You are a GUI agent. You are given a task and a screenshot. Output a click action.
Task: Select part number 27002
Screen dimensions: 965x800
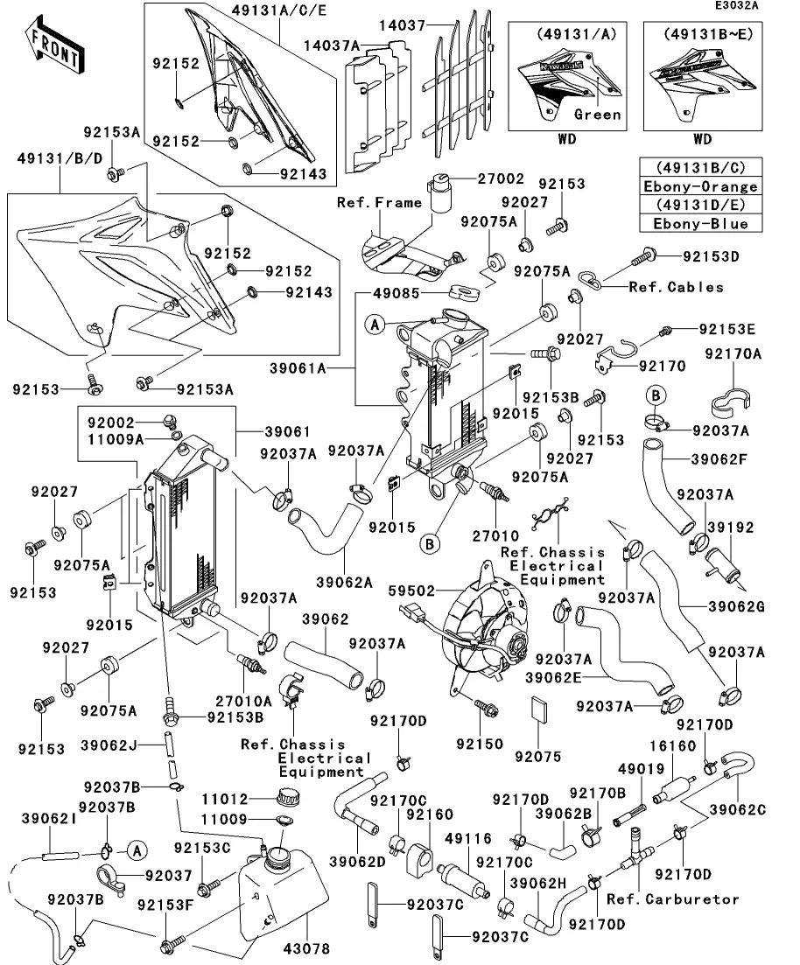[x=501, y=178]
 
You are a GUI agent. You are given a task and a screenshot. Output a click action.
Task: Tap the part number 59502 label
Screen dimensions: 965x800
[x=411, y=591]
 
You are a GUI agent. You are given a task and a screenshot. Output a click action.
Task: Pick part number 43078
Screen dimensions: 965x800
[x=308, y=948]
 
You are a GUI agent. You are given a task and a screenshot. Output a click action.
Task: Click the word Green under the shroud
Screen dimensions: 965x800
[x=598, y=115]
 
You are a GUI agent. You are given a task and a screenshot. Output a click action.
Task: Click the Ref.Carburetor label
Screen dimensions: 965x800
[x=672, y=899]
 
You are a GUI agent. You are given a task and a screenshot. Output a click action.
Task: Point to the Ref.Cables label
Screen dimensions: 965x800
[x=676, y=286]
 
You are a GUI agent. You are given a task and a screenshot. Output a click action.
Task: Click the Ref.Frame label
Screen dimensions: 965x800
[x=379, y=202]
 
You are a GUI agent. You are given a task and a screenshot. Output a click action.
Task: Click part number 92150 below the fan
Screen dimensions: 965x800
[x=480, y=744]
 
